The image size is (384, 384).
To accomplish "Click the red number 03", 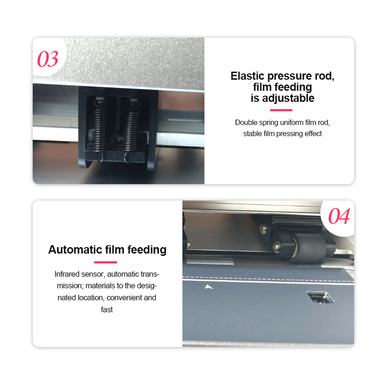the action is click(48, 59).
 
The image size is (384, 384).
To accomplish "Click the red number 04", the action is click(339, 216).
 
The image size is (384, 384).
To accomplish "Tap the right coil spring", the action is click(131, 130).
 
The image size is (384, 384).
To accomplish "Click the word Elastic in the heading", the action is click(247, 76).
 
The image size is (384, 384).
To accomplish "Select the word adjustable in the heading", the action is click(288, 98).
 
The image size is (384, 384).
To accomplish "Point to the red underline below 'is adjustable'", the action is click(281, 110).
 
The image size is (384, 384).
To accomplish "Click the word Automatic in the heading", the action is click(75, 250).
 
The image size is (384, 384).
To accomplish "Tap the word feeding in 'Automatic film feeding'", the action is click(147, 250).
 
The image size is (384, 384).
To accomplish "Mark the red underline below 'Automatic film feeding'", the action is click(106, 262).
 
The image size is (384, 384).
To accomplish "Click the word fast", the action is click(107, 310).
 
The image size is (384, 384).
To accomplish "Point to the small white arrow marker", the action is click(208, 287).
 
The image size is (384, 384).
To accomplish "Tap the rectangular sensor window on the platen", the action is click(320, 297).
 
